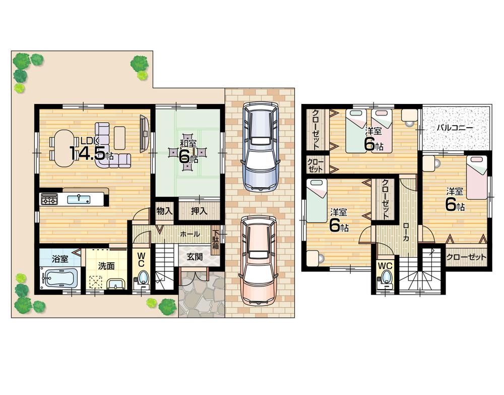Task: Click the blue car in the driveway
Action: (x=260, y=146)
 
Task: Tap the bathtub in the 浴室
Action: (x=59, y=278)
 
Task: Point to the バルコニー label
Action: (x=455, y=128)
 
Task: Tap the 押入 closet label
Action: (x=200, y=210)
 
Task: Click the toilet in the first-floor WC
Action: (x=142, y=278)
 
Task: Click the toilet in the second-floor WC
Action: (x=387, y=277)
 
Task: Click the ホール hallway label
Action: (x=189, y=235)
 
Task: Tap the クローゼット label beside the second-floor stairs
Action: (x=467, y=257)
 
